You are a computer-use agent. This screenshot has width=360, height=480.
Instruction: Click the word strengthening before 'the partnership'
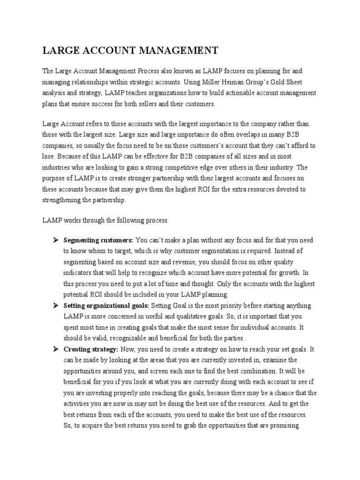coord(65,199)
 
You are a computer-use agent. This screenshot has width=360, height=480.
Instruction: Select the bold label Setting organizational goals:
coord(106,306)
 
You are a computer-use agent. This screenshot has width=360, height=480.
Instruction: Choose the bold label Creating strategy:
coord(90,349)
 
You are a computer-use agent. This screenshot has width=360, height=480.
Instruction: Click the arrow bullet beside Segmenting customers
coord(54,240)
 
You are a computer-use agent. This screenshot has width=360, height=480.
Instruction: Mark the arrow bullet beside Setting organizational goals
coord(54,306)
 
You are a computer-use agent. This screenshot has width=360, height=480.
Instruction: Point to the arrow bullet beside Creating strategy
coord(54,349)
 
